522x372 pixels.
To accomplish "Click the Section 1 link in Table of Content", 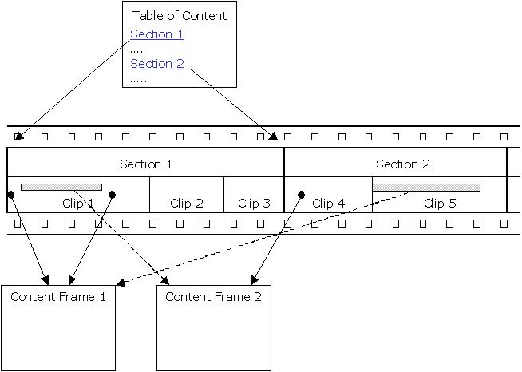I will point(156,34).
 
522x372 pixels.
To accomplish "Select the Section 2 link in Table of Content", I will point(156,64).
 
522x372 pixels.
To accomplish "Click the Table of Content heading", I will point(179,15).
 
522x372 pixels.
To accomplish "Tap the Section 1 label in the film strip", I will point(145,164).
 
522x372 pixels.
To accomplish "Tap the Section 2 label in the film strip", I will point(402,164).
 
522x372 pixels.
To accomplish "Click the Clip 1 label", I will point(78,203).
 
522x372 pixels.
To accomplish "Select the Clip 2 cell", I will point(187,203).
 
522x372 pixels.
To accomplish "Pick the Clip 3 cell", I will point(254,203).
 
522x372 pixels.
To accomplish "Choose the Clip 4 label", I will point(328,203).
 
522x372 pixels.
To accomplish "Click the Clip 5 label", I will point(440,203).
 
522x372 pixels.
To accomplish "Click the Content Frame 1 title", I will point(58,297).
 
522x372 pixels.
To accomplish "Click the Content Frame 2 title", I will point(213,297).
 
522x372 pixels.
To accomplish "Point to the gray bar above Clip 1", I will point(61,187).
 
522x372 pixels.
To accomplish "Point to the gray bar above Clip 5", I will point(426,188).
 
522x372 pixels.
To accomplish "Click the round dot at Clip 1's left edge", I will point(11,194).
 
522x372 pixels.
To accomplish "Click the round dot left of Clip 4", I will point(302,194).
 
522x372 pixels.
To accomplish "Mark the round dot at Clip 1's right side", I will point(113,194).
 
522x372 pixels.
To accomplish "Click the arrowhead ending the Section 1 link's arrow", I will point(19,136).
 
